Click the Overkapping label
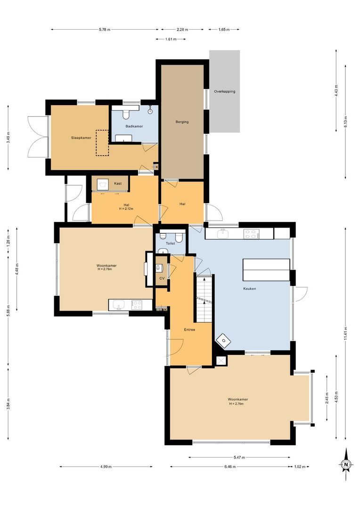(224, 91)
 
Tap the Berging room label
(182, 122)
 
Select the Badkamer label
(134, 126)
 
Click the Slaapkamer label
(81, 138)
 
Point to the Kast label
(118, 183)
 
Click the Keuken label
(249, 288)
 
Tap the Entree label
(189, 329)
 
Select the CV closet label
(162, 279)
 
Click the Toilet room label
(170, 244)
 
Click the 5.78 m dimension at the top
(105, 30)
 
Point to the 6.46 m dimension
(229, 467)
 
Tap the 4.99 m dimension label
(106, 467)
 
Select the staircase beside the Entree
(205, 299)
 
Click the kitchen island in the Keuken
(266, 270)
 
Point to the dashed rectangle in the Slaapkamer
(102, 143)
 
